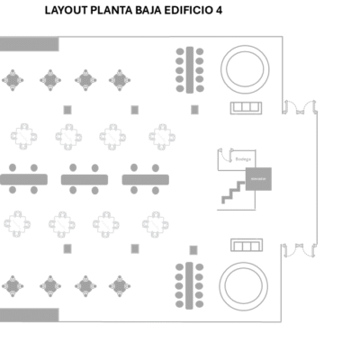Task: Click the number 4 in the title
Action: pos(218,12)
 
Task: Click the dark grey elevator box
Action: pos(258,178)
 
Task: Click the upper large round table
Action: pos(246,68)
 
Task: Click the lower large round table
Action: pos(245,283)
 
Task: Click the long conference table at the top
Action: pos(190,68)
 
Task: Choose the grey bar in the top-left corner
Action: pos(30,44)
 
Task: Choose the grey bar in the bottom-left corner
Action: pos(30,314)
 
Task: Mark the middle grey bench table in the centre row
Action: pos(85,179)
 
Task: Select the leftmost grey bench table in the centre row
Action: pos(24,179)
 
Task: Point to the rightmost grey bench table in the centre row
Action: pos(147,179)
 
